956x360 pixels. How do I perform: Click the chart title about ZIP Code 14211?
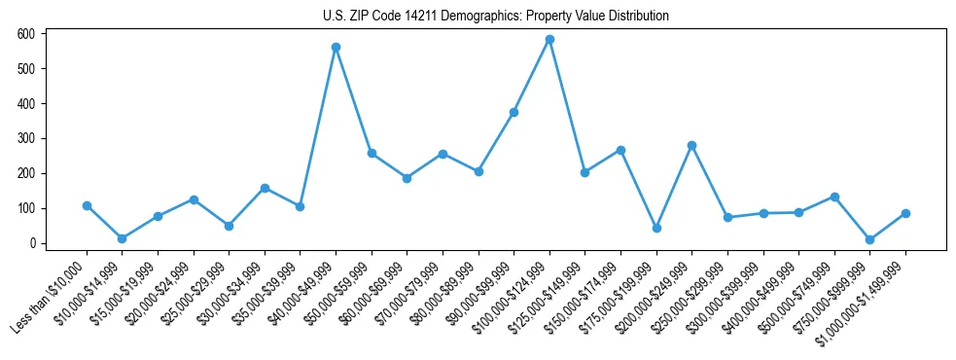[x=496, y=16]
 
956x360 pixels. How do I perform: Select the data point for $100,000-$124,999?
[x=549, y=40]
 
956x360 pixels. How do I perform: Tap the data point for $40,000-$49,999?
[x=336, y=47]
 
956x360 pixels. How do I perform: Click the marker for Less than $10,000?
[x=87, y=205]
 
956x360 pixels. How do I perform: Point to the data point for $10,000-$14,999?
[x=123, y=238]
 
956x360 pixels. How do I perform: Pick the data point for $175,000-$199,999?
[x=656, y=228]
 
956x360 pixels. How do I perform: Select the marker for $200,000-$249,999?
[x=691, y=145]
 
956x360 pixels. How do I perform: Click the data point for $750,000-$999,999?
[x=869, y=239]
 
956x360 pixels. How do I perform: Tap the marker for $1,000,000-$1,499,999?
[x=905, y=213]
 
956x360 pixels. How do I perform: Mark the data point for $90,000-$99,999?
[x=513, y=112]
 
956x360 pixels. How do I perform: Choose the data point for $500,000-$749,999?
[x=834, y=197]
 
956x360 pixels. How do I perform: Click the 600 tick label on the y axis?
[x=26, y=34]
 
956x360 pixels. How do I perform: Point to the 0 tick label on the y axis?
[x=32, y=243]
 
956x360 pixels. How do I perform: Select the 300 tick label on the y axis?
[x=26, y=138]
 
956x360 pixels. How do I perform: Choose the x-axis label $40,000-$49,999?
[x=297, y=296]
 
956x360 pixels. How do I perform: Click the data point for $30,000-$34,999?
[x=265, y=188]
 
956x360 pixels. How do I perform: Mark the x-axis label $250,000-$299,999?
[x=689, y=297]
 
